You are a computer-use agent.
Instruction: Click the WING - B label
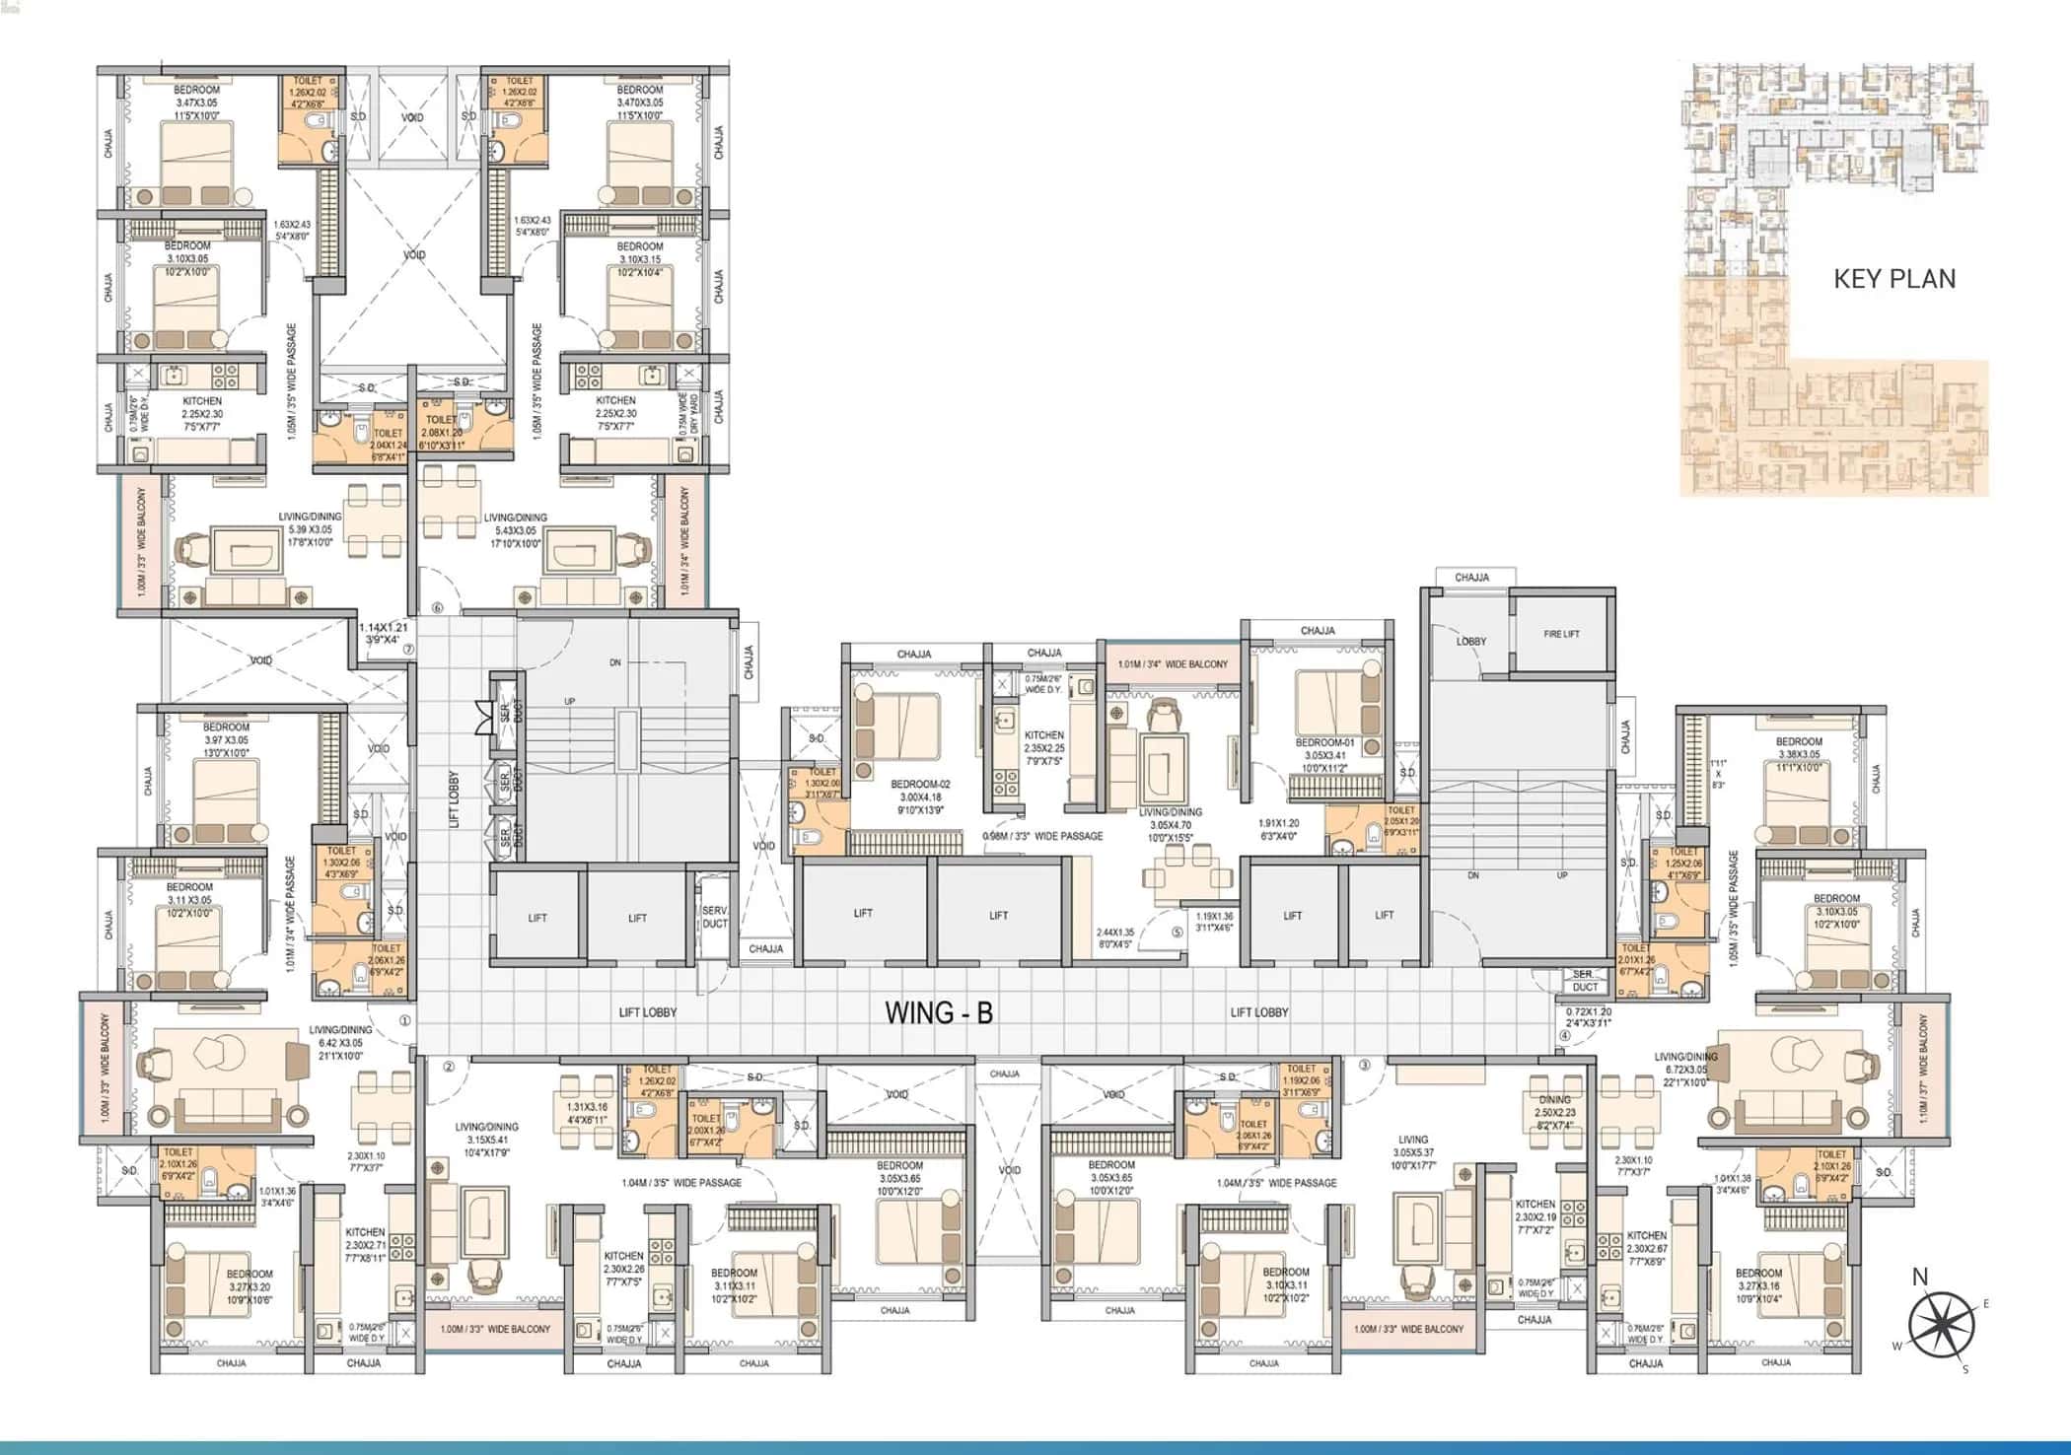pyautogui.click(x=938, y=1012)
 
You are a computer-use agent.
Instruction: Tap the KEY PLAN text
pyautogui.click(x=1893, y=279)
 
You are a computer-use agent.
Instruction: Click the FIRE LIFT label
pyautogui.click(x=1561, y=634)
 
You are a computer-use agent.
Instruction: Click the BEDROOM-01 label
pyautogui.click(x=1324, y=742)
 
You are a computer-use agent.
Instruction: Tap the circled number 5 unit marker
pyautogui.click(x=1177, y=932)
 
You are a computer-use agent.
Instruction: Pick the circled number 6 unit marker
pyautogui.click(x=438, y=608)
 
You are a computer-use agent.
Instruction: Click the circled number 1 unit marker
pyautogui.click(x=404, y=1021)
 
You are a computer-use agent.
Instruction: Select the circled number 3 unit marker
pyautogui.click(x=1364, y=1065)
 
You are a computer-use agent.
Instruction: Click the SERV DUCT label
pyautogui.click(x=714, y=917)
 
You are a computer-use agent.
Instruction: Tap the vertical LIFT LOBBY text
pyautogui.click(x=455, y=798)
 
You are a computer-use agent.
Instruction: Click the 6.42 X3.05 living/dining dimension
pyautogui.click(x=339, y=1042)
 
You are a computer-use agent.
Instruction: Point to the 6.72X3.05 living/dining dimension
pyautogui.click(x=1686, y=1069)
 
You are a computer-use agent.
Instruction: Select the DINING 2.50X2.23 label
pyautogui.click(x=1555, y=1105)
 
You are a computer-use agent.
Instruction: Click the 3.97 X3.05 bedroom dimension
pyautogui.click(x=226, y=739)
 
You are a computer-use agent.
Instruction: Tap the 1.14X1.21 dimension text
pyautogui.click(x=383, y=627)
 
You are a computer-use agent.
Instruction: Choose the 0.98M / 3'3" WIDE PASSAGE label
pyautogui.click(x=1042, y=836)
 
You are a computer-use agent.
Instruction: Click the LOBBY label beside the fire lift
pyautogui.click(x=1470, y=641)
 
